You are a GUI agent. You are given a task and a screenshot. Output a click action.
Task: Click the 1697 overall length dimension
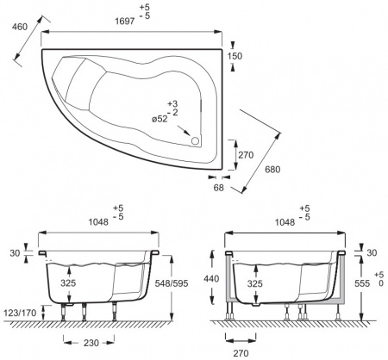(125, 21)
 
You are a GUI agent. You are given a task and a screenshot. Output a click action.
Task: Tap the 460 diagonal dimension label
(20, 27)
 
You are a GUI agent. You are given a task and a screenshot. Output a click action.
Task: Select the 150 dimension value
(235, 56)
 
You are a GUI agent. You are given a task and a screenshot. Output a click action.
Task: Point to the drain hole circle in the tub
(195, 141)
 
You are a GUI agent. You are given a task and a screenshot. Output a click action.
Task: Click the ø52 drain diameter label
(160, 119)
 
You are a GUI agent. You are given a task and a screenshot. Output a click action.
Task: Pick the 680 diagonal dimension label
(272, 170)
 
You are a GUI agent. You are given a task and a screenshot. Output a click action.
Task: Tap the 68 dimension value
(218, 188)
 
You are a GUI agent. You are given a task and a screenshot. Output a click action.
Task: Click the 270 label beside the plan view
(246, 155)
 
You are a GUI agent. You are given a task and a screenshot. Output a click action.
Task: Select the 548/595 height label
(172, 283)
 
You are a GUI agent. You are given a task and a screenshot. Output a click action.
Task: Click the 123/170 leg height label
(20, 313)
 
